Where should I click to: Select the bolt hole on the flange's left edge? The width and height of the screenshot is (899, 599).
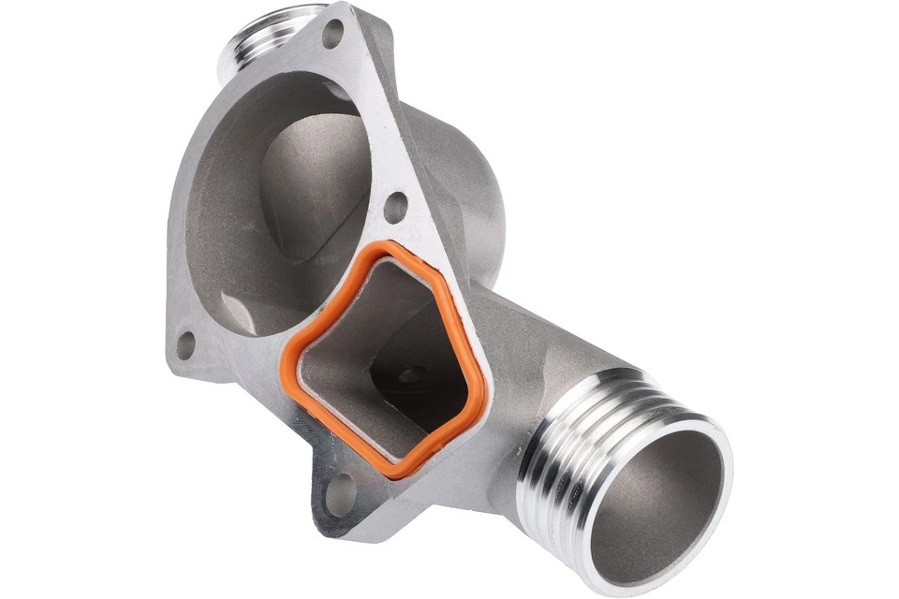(185, 344)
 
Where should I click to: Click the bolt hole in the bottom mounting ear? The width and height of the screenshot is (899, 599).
(340, 493)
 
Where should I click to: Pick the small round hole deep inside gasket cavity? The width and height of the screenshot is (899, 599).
(408, 375)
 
